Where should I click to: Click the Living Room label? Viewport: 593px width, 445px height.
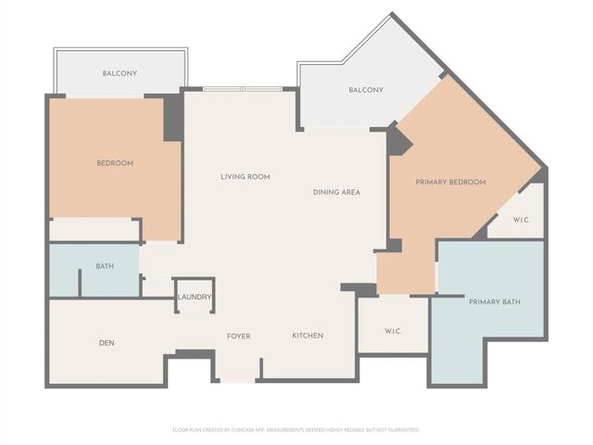[x=245, y=176]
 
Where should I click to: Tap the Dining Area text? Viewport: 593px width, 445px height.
[x=336, y=192]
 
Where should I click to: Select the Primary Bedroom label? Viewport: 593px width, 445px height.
[x=450, y=182]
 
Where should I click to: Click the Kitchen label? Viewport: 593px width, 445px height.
[x=308, y=336]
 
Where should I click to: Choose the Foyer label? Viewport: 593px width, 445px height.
[x=238, y=336]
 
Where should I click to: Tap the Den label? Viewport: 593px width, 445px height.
[x=107, y=343]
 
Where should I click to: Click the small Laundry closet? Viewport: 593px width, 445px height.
[x=194, y=297]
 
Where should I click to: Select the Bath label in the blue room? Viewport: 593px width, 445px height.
[x=105, y=267]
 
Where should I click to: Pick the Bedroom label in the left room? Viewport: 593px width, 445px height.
[x=115, y=163]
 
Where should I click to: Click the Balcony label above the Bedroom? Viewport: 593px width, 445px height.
[x=120, y=73]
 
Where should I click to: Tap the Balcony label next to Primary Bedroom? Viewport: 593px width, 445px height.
[x=366, y=90]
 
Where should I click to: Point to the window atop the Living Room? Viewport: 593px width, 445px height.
[x=243, y=89]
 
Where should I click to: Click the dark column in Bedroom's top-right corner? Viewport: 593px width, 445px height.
[x=172, y=118]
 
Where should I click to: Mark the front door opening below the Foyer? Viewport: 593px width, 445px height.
[x=237, y=379]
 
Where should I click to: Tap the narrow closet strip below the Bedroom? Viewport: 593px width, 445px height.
[x=93, y=229]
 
